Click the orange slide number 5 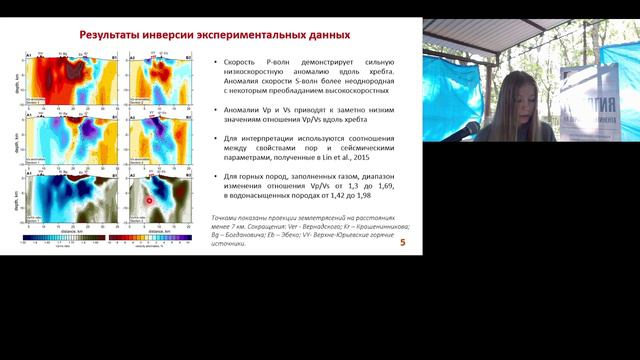coord(402,243)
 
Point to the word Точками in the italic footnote coord(234,218)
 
